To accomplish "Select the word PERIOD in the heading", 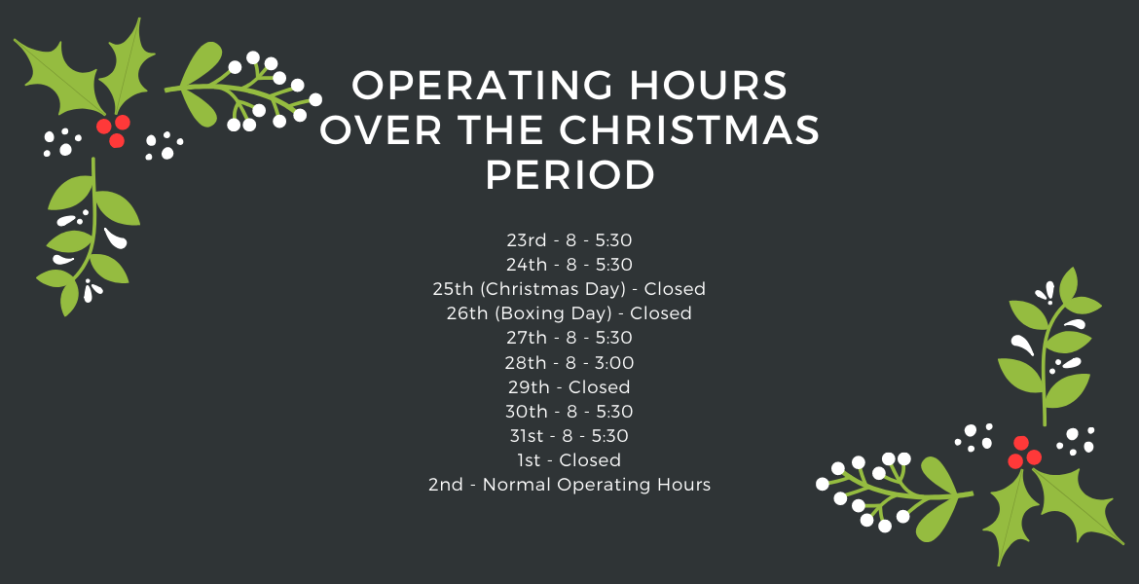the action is [x=570, y=175].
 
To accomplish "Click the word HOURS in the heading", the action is [x=709, y=85].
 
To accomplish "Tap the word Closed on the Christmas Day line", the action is [x=675, y=289].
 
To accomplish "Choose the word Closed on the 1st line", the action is [x=590, y=460].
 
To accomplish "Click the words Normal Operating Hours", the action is [x=597, y=486].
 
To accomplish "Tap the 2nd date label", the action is [x=446, y=486].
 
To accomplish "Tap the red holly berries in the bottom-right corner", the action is [x=1024, y=453].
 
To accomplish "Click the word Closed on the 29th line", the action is [x=600, y=387].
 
